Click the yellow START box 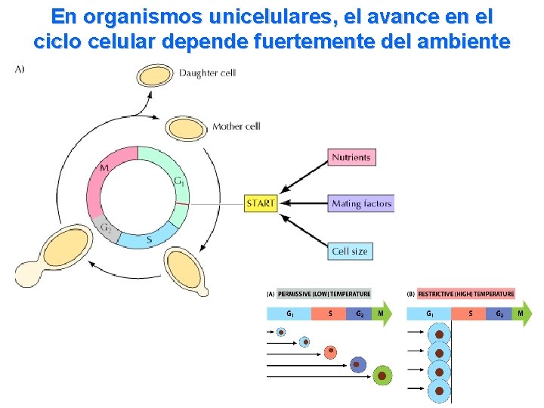[x=261, y=203]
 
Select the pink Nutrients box [x=352, y=157]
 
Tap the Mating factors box [x=361, y=203]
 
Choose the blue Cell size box [x=351, y=251]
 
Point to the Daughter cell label [x=207, y=73]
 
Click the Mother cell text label [x=236, y=126]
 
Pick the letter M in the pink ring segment [x=104, y=167]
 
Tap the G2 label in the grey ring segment [x=106, y=227]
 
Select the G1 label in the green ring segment [x=178, y=181]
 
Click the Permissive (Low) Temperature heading [x=324, y=294]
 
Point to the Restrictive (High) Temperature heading [x=466, y=294]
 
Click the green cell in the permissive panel [x=383, y=376]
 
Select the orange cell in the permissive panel [x=330, y=351]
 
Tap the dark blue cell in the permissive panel [x=357, y=365]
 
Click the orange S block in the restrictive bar [x=471, y=313]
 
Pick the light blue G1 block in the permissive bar [x=289, y=313]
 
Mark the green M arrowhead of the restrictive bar [x=521, y=313]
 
